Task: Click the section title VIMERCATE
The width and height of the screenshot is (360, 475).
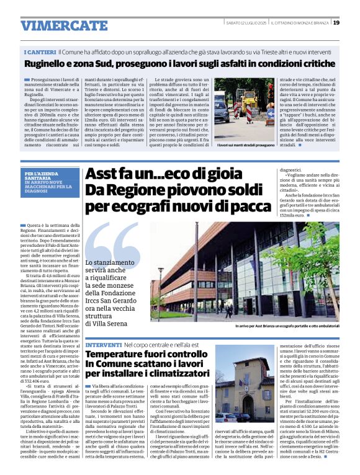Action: [x=56, y=25]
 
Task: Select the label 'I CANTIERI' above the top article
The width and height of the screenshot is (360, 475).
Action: [x=40, y=53]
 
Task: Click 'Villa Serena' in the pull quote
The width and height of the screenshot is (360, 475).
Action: [x=108, y=323]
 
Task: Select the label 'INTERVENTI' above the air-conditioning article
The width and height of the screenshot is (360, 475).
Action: [x=103, y=344]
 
